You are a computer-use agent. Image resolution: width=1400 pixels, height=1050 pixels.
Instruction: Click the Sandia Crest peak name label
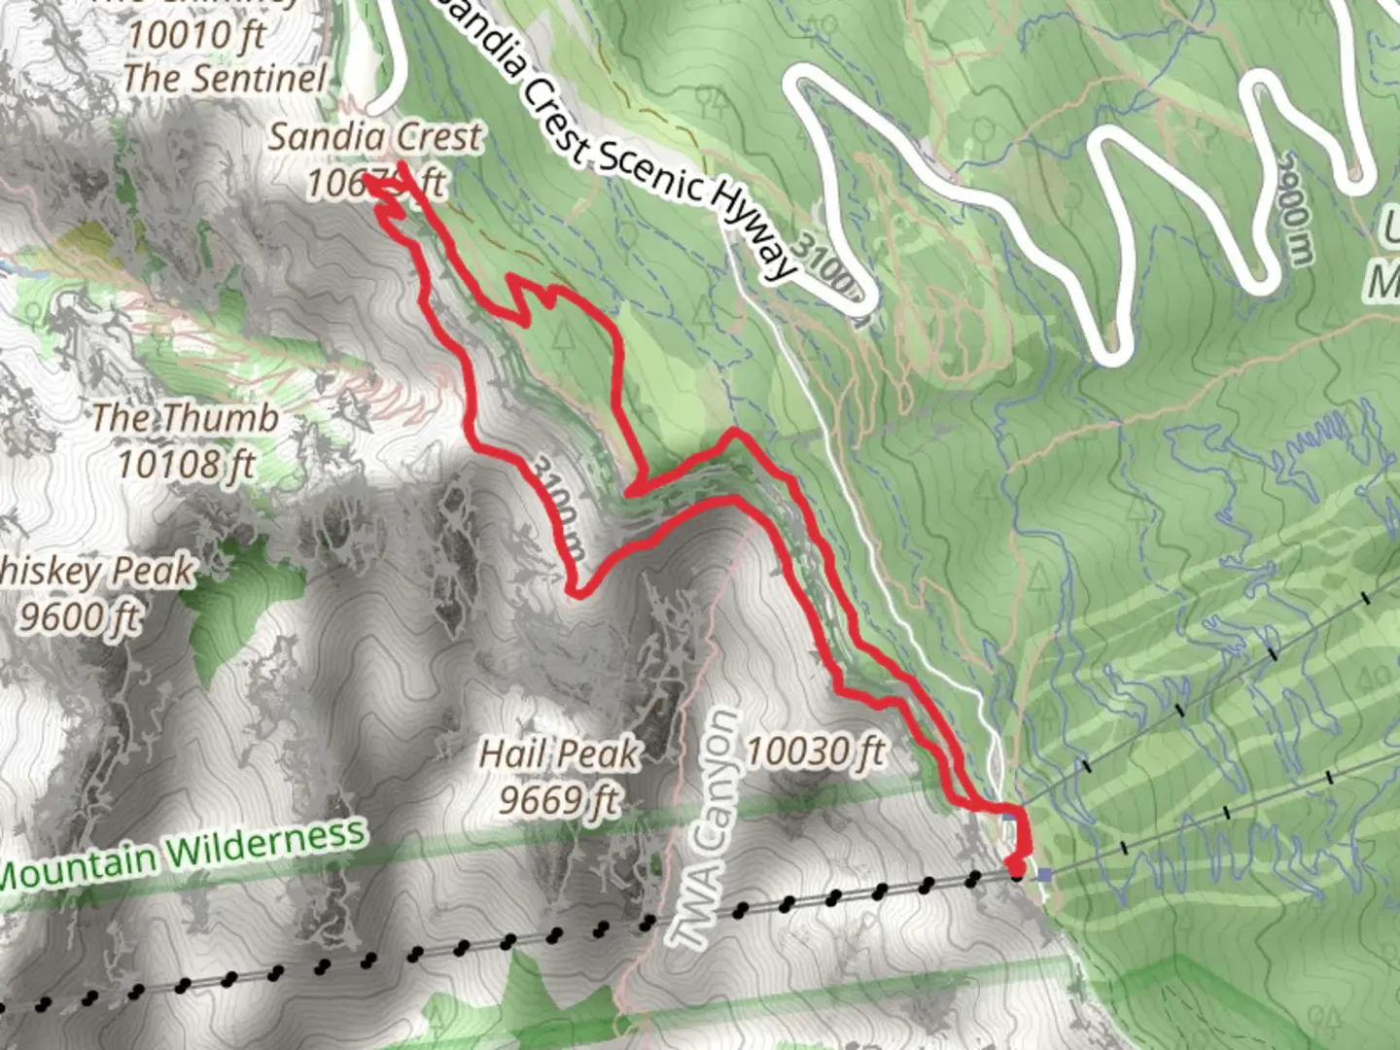375,137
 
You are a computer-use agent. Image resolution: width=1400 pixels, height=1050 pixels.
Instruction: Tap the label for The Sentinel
226,79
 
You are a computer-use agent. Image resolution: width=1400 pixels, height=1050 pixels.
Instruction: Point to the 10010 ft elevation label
196,36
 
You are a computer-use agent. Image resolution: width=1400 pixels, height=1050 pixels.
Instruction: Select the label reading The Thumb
186,418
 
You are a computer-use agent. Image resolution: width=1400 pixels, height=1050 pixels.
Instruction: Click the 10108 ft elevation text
187,464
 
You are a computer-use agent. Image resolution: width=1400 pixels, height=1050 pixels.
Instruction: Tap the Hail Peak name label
560,753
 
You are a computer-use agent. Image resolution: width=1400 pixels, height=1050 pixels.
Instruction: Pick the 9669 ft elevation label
559,800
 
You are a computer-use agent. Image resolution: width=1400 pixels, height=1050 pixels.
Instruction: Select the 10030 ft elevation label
816,752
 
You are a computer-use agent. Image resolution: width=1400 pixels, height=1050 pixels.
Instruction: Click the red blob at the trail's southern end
1016,864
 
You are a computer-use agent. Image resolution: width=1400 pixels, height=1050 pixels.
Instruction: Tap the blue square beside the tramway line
1045,875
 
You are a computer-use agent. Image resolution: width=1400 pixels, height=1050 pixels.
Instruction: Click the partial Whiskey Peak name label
97,572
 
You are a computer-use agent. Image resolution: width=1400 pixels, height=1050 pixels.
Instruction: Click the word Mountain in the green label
78,867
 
